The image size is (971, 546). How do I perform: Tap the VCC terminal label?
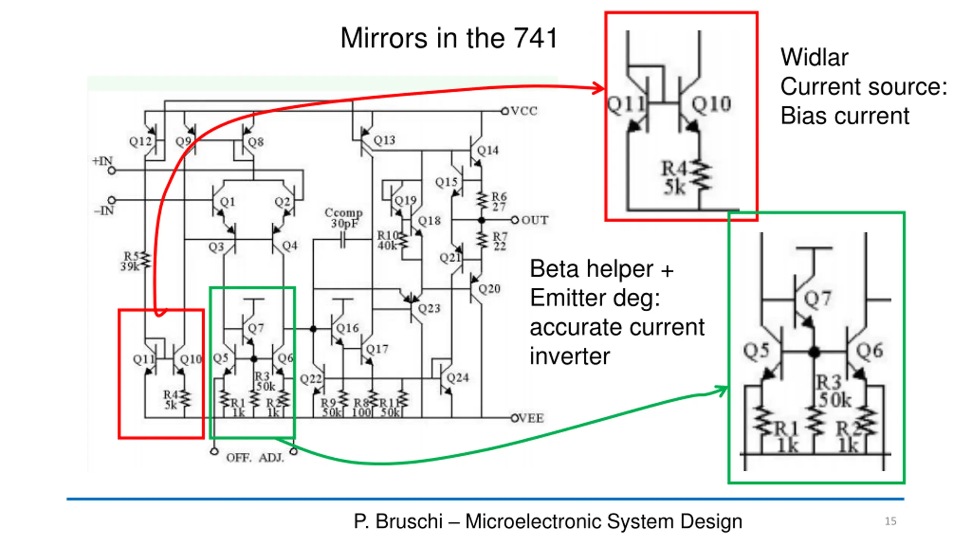tap(524, 111)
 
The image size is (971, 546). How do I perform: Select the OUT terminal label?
tap(534, 220)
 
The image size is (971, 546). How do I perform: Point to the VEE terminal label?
tap(531, 418)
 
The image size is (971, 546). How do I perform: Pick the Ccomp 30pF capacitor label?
tap(344, 218)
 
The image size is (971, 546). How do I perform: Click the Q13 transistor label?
tap(384, 140)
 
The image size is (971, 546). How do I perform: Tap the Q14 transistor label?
tap(488, 150)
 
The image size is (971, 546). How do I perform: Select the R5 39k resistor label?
tap(131, 261)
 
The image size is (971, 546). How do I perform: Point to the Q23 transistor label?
tap(429, 308)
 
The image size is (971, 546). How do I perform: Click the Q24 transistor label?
tap(457, 377)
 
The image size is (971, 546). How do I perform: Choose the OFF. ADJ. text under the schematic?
tap(255, 458)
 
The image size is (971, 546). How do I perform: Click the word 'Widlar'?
tap(814, 58)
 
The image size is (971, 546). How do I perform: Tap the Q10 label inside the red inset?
tap(711, 104)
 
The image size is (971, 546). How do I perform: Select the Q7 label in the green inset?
tap(817, 299)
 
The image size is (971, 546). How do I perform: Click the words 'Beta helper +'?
tap(602, 269)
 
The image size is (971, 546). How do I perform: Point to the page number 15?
tap(891, 521)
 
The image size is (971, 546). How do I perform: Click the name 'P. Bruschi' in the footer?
tap(398, 521)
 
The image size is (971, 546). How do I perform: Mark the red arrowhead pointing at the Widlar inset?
tap(600, 88)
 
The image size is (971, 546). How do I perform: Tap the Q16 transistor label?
tap(347, 328)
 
